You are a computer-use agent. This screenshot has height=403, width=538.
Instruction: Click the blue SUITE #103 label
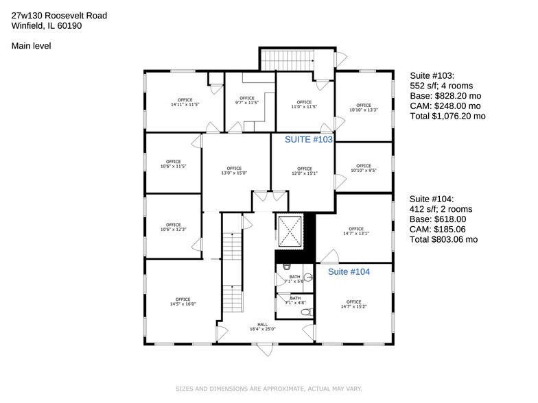point(309,139)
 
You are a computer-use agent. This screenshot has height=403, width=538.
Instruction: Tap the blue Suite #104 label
point(349,272)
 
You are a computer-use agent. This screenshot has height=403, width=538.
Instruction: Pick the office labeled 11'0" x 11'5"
point(304,105)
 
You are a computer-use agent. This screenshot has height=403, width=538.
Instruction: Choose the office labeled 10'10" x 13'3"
point(364,108)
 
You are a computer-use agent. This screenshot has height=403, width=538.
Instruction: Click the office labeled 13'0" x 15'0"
point(235,171)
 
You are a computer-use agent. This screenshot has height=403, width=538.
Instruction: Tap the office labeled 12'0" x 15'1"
point(303,171)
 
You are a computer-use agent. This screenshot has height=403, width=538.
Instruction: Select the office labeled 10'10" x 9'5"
point(364,168)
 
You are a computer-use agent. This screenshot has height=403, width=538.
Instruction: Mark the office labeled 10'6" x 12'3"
point(173,228)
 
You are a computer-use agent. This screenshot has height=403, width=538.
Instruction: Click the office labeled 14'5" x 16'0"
point(183,302)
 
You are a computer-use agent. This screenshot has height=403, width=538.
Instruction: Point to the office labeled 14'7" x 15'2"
point(353,304)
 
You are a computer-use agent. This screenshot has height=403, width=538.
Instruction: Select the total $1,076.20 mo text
point(447,117)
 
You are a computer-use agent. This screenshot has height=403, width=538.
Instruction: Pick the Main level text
point(31,46)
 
